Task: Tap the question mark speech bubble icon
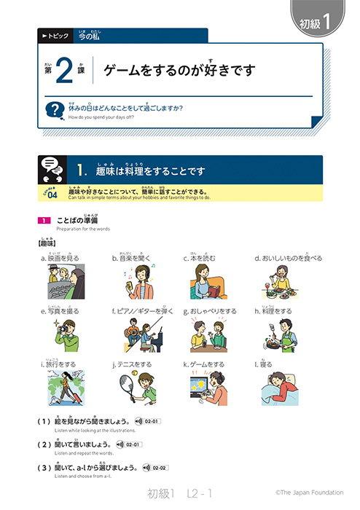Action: point(53,110)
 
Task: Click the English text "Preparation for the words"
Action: point(81,228)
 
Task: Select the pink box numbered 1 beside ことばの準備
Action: point(44,219)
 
